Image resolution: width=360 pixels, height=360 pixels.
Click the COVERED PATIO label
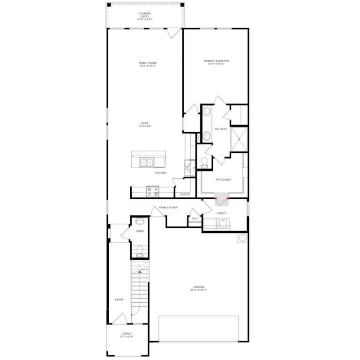pos(145,16)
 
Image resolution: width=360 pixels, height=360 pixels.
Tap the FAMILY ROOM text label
pos(147,64)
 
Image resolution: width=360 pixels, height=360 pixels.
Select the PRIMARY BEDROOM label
pos(216,62)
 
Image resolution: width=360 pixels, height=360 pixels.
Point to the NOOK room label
pos(145,125)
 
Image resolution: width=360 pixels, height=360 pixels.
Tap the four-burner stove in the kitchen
pos(152,191)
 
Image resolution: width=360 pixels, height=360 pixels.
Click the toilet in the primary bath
pos(204,163)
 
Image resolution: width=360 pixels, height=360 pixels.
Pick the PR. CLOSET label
pos(223,180)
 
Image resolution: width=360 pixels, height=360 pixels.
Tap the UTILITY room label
pos(221,213)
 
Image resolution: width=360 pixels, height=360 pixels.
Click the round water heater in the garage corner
pos(242,238)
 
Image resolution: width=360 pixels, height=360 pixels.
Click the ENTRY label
pos(119,300)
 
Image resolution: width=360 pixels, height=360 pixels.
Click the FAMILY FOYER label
pos(168,207)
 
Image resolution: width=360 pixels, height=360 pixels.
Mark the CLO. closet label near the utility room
pos(194,218)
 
